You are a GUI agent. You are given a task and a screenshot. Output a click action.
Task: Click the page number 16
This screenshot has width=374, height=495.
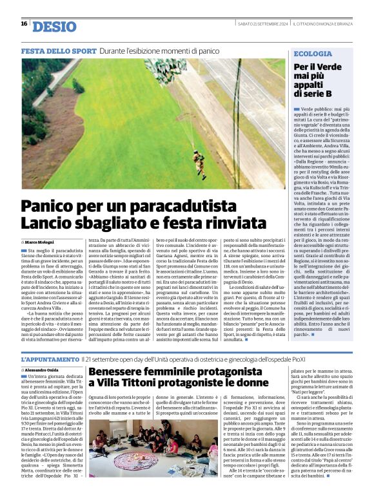click(x=24, y=24)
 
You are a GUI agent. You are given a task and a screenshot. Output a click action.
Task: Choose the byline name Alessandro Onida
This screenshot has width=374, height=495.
click(x=44, y=370)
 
